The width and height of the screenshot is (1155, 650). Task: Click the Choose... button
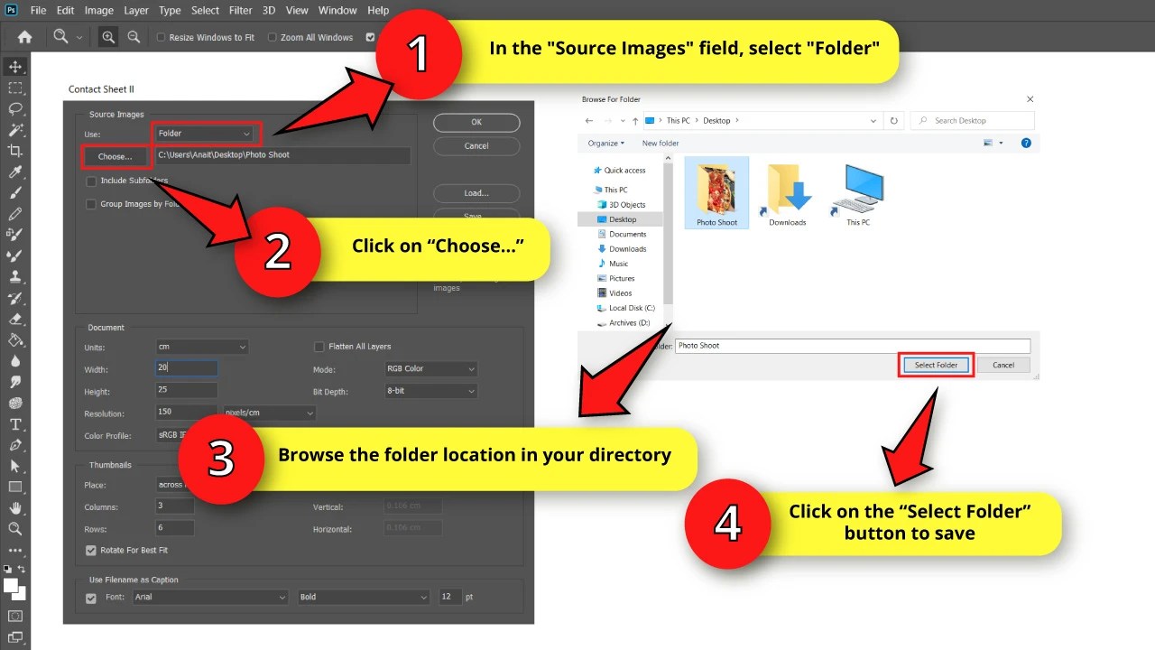115,156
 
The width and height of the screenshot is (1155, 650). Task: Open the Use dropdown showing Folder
205,134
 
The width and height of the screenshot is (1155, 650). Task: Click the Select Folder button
936,365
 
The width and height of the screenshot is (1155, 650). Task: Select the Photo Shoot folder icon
716,190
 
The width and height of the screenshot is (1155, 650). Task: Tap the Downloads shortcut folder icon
787,190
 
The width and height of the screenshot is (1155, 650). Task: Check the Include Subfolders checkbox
91,181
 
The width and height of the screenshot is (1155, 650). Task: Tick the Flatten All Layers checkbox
319,347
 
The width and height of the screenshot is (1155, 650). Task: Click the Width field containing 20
186,368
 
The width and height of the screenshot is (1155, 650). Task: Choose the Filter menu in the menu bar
240,11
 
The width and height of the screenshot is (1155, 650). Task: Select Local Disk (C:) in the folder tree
631,308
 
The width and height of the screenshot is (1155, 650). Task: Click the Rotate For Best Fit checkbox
91,550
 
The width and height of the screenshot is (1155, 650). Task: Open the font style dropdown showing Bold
364,597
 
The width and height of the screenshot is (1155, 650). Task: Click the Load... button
476,193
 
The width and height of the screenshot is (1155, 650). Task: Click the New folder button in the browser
661,144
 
